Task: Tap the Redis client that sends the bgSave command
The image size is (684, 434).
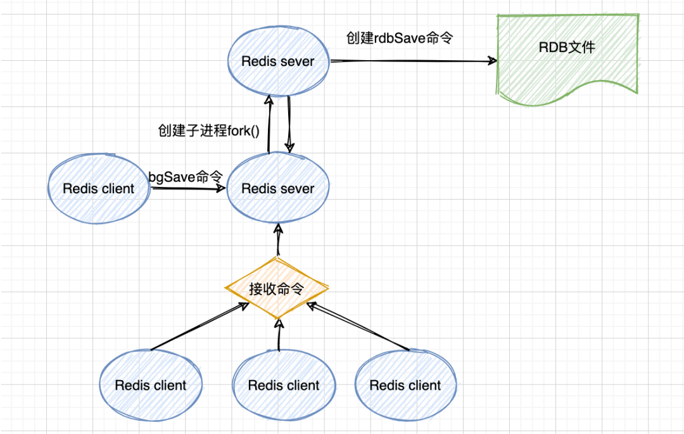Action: pyautogui.click(x=99, y=189)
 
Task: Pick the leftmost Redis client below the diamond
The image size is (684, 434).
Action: pyautogui.click(x=151, y=385)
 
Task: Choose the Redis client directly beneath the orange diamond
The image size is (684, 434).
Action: pyautogui.click(x=283, y=385)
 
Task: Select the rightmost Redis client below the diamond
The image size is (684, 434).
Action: pyautogui.click(x=405, y=385)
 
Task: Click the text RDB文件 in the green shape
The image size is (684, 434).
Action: pyautogui.click(x=567, y=47)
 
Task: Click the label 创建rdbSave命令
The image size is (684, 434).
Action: pyautogui.click(x=399, y=37)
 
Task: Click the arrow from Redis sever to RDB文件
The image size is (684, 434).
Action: pyautogui.click(x=412, y=61)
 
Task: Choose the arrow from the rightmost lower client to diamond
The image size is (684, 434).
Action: pyautogui.click(x=358, y=326)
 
